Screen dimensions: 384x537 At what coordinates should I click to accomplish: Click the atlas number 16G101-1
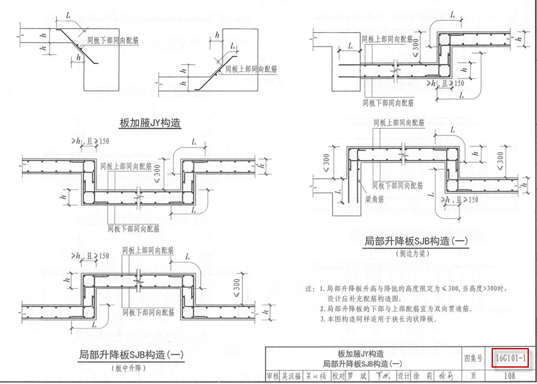pos(511,358)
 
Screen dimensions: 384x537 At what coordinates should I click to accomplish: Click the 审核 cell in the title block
pos(273,376)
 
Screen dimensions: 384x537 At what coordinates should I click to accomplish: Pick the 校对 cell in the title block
pos(338,376)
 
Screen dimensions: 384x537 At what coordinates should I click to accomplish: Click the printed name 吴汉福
pos(291,376)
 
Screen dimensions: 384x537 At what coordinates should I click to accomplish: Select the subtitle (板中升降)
pos(128,368)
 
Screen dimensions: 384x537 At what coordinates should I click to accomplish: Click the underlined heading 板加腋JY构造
pos(150,122)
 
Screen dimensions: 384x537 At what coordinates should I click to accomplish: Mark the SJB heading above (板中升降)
pos(130,355)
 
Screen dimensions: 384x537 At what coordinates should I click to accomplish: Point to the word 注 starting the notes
pos(309,289)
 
